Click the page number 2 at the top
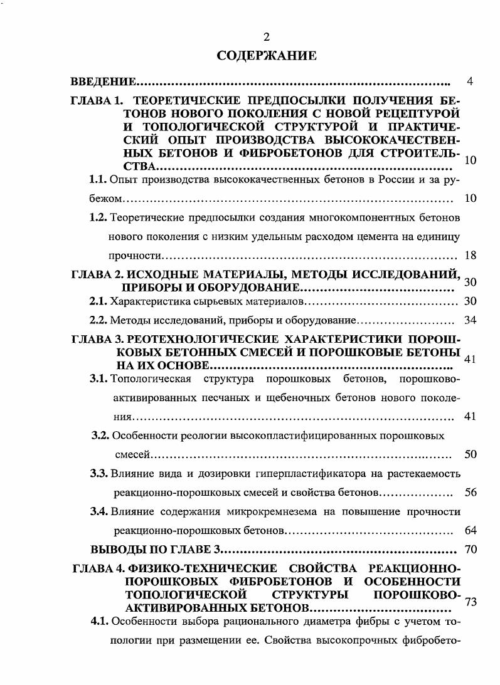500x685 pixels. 266,36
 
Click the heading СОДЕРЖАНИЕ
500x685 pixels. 266,56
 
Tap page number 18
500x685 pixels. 471,255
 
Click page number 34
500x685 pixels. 471,320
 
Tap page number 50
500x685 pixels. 471,454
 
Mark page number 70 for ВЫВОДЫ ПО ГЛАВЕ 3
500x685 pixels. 471,550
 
